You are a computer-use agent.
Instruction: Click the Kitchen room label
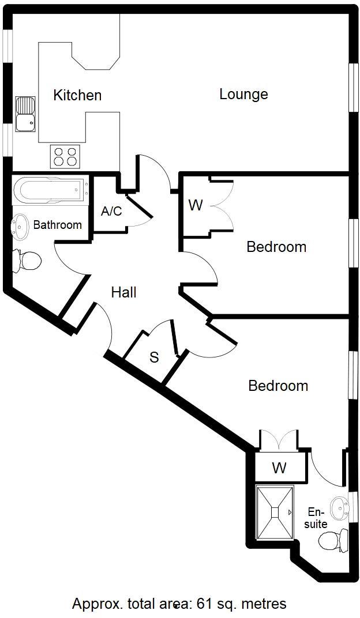click(x=77, y=95)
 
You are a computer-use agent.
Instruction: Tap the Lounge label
click(x=243, y=94)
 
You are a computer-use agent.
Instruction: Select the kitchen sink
click(x=25, y=114)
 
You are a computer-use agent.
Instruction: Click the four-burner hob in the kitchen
click(x=65, y=156)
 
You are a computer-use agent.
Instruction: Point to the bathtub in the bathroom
click(x=50, y=190)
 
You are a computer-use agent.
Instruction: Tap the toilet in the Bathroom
click(x=27, y=261)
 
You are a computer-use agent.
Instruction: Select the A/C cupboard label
click(x=111, y=211)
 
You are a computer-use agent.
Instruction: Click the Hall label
click(x=123, y=292)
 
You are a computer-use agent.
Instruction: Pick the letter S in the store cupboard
click(x=154, y=357)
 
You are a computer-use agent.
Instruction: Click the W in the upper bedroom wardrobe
click(x=196, y=205)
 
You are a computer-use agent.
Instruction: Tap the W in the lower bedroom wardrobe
click(x=279, y=468)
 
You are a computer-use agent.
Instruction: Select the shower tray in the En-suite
click(x=275, y=512)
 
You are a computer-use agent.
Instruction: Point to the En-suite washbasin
click(x=339, y=507)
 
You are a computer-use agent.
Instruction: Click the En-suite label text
click(x=316, y=518)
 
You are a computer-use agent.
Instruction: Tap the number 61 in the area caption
click(x=204, y=604)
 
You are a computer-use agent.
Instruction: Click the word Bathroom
click(x=57, y=225)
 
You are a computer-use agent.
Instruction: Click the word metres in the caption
click(x=264, y=604)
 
